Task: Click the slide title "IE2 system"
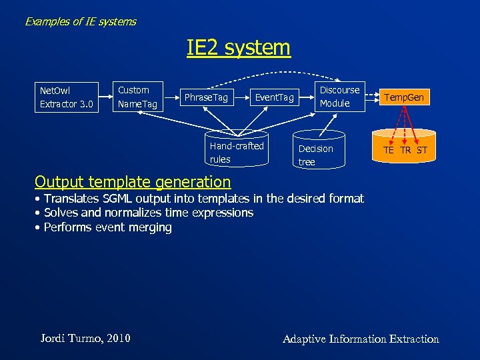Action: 239,48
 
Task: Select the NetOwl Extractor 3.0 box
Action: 66,97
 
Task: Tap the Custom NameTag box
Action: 137,97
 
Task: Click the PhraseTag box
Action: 206,98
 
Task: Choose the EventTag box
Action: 274,98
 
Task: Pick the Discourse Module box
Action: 339,97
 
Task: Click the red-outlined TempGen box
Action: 403,98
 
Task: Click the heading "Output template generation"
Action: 133,181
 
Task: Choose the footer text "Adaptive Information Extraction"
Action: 361,339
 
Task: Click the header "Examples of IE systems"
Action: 80,21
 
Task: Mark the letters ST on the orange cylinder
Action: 421,150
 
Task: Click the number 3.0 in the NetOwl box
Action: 87,104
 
